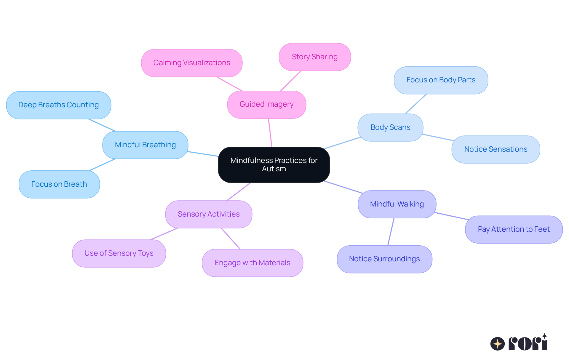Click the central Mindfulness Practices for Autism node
(x=274, y=165)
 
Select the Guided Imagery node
(x=266, y=104)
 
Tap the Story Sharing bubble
(x=315, y=57)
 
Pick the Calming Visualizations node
(x=192, y=63)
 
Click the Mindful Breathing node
(x=145, y=145)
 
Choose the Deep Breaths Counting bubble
(x=59, y=105)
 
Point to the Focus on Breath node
(x=59, y=184)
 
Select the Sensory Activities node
(x=209, y=214)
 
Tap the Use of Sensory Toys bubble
(x=119, y=253)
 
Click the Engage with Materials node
(x=252, y=263)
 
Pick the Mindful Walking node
(x=397, y=204)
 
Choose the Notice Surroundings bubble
(x=384, y=259)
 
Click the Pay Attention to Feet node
(x=514, y=229)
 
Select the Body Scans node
(x=390, y=127)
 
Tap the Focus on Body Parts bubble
(x=441, y=80)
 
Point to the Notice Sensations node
(x=496, y=149)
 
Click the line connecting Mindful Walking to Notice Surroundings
(x=391, y=232)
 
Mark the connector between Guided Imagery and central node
(x=270, y=133)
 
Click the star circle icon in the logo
(x=497, y=344)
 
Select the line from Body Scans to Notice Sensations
(x=438, y=137)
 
